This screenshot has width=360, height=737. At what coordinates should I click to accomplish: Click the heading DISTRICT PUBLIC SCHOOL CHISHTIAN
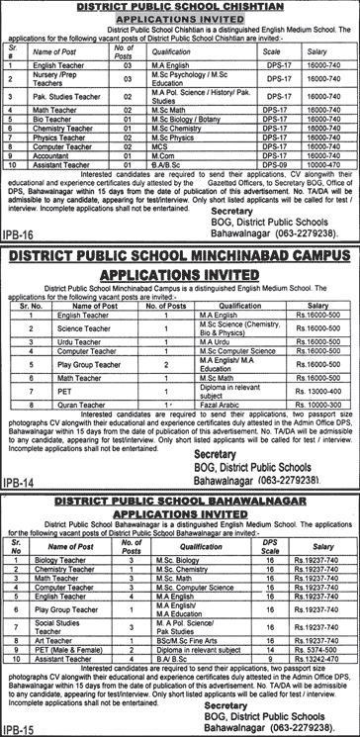[x=179, y=6]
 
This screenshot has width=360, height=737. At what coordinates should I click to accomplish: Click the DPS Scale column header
[x=265, y=544]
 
